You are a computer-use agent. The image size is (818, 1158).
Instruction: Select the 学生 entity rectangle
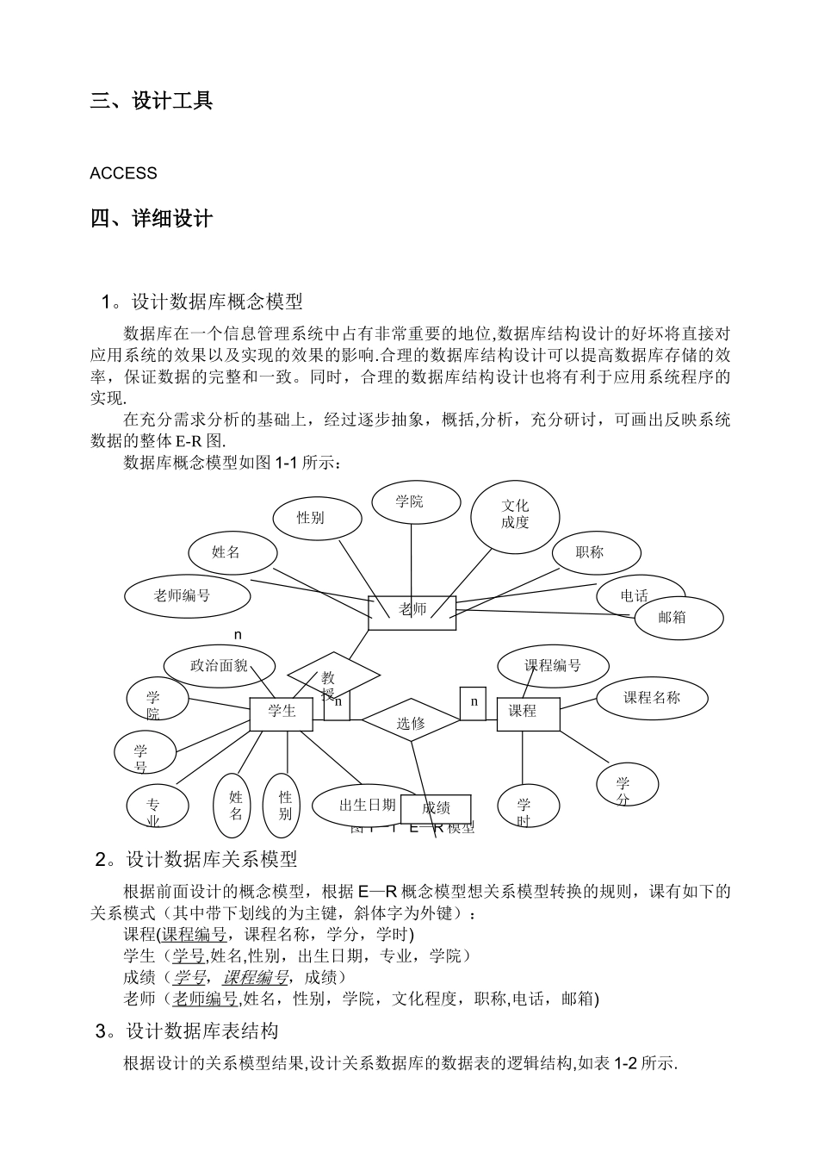pyautogui.click(x=281, y=713)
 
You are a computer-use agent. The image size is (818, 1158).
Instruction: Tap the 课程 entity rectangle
pyautogui.click(x=528, y=713)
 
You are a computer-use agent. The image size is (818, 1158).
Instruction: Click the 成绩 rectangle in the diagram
pyautogui.click(x=437, y=808)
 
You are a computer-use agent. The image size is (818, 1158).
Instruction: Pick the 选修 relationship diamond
pyautogui.click(x=411, y=722)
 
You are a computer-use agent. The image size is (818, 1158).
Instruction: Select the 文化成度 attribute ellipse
pyautogui.click(x=515, y=515)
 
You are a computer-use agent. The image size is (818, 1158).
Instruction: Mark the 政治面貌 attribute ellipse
pyautogui.click(x=219, y=666)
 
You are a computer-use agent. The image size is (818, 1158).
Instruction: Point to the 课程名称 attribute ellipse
pyautogui.click(x=652, y=698)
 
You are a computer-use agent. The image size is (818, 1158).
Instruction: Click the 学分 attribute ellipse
pyautogui.click(x=627, y=785)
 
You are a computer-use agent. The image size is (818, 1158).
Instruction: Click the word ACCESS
pyautogui.click(x=123, y=173)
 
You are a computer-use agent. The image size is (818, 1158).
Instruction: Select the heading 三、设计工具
pyautogui.click(x=152, y=101)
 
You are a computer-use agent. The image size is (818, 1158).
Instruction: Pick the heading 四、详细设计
pyautogui.click(x=152, y=219)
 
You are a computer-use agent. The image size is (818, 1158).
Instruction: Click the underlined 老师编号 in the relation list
pyautogui.click(x=206, y=999)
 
